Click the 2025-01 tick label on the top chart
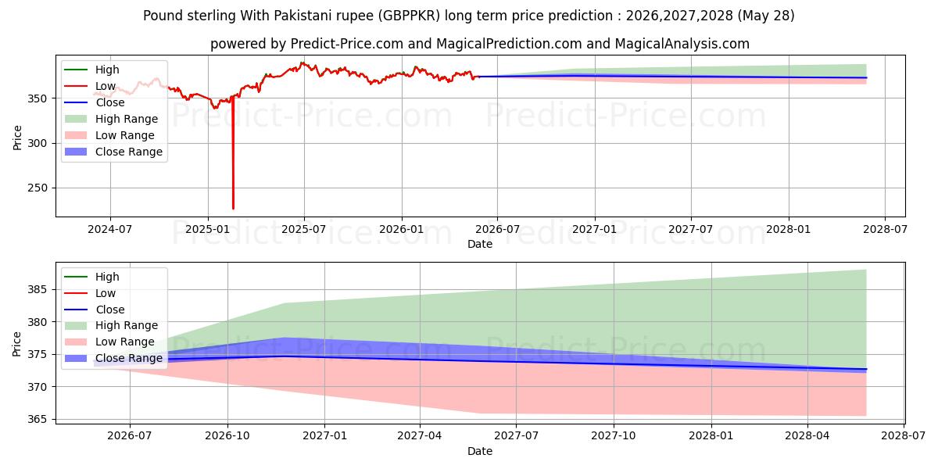point(208,230)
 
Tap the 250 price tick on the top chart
point(38,188)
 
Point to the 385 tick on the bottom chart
point(38,289)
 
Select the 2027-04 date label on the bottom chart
point(420,436)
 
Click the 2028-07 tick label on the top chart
point(885,230)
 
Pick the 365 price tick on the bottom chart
point(38,419)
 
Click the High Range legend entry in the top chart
point(111,119)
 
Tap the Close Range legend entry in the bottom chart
point(113,359)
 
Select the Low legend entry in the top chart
point(90,86)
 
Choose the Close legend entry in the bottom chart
point(95,310)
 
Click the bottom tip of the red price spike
point(233,209)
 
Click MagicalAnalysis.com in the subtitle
point(682,44)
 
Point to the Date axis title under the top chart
point(480,244)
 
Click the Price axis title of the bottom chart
point(16,344)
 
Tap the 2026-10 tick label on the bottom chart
point(227,436)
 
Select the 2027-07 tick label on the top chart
point(690,230)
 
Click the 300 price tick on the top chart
point(38,143)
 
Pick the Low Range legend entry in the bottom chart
point(109,342)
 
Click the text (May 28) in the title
point(766,16)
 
